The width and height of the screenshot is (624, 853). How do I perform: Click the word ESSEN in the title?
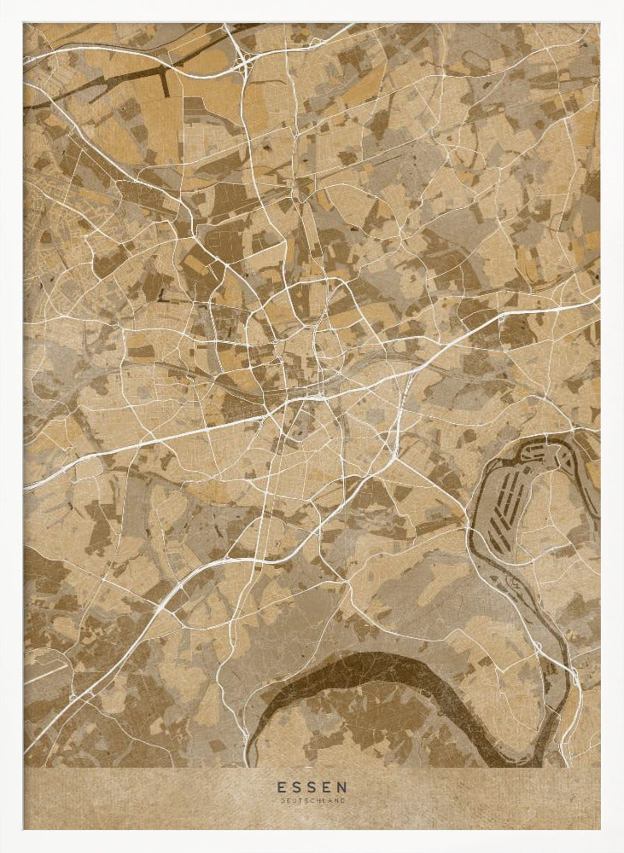pyautogui.click(x=312, y=786)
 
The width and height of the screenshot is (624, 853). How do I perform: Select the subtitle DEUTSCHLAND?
pyautogui.click(x=312, y=800)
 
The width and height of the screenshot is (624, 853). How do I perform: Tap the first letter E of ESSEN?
pyautogui.click(x=280, y=786)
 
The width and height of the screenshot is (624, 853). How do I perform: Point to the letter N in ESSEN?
pyautogui.click(x=343, y=786)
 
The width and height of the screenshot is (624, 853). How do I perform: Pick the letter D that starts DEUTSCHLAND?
pyautogui.click(x=282, y=800)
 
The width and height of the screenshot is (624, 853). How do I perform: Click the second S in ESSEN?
pyautogui.click(x=312, y=786)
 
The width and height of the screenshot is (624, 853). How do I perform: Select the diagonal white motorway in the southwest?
pyautogui.click(x=154, y=614)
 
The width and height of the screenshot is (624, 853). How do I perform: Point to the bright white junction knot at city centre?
pyautogui.click(x=316, y=395)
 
